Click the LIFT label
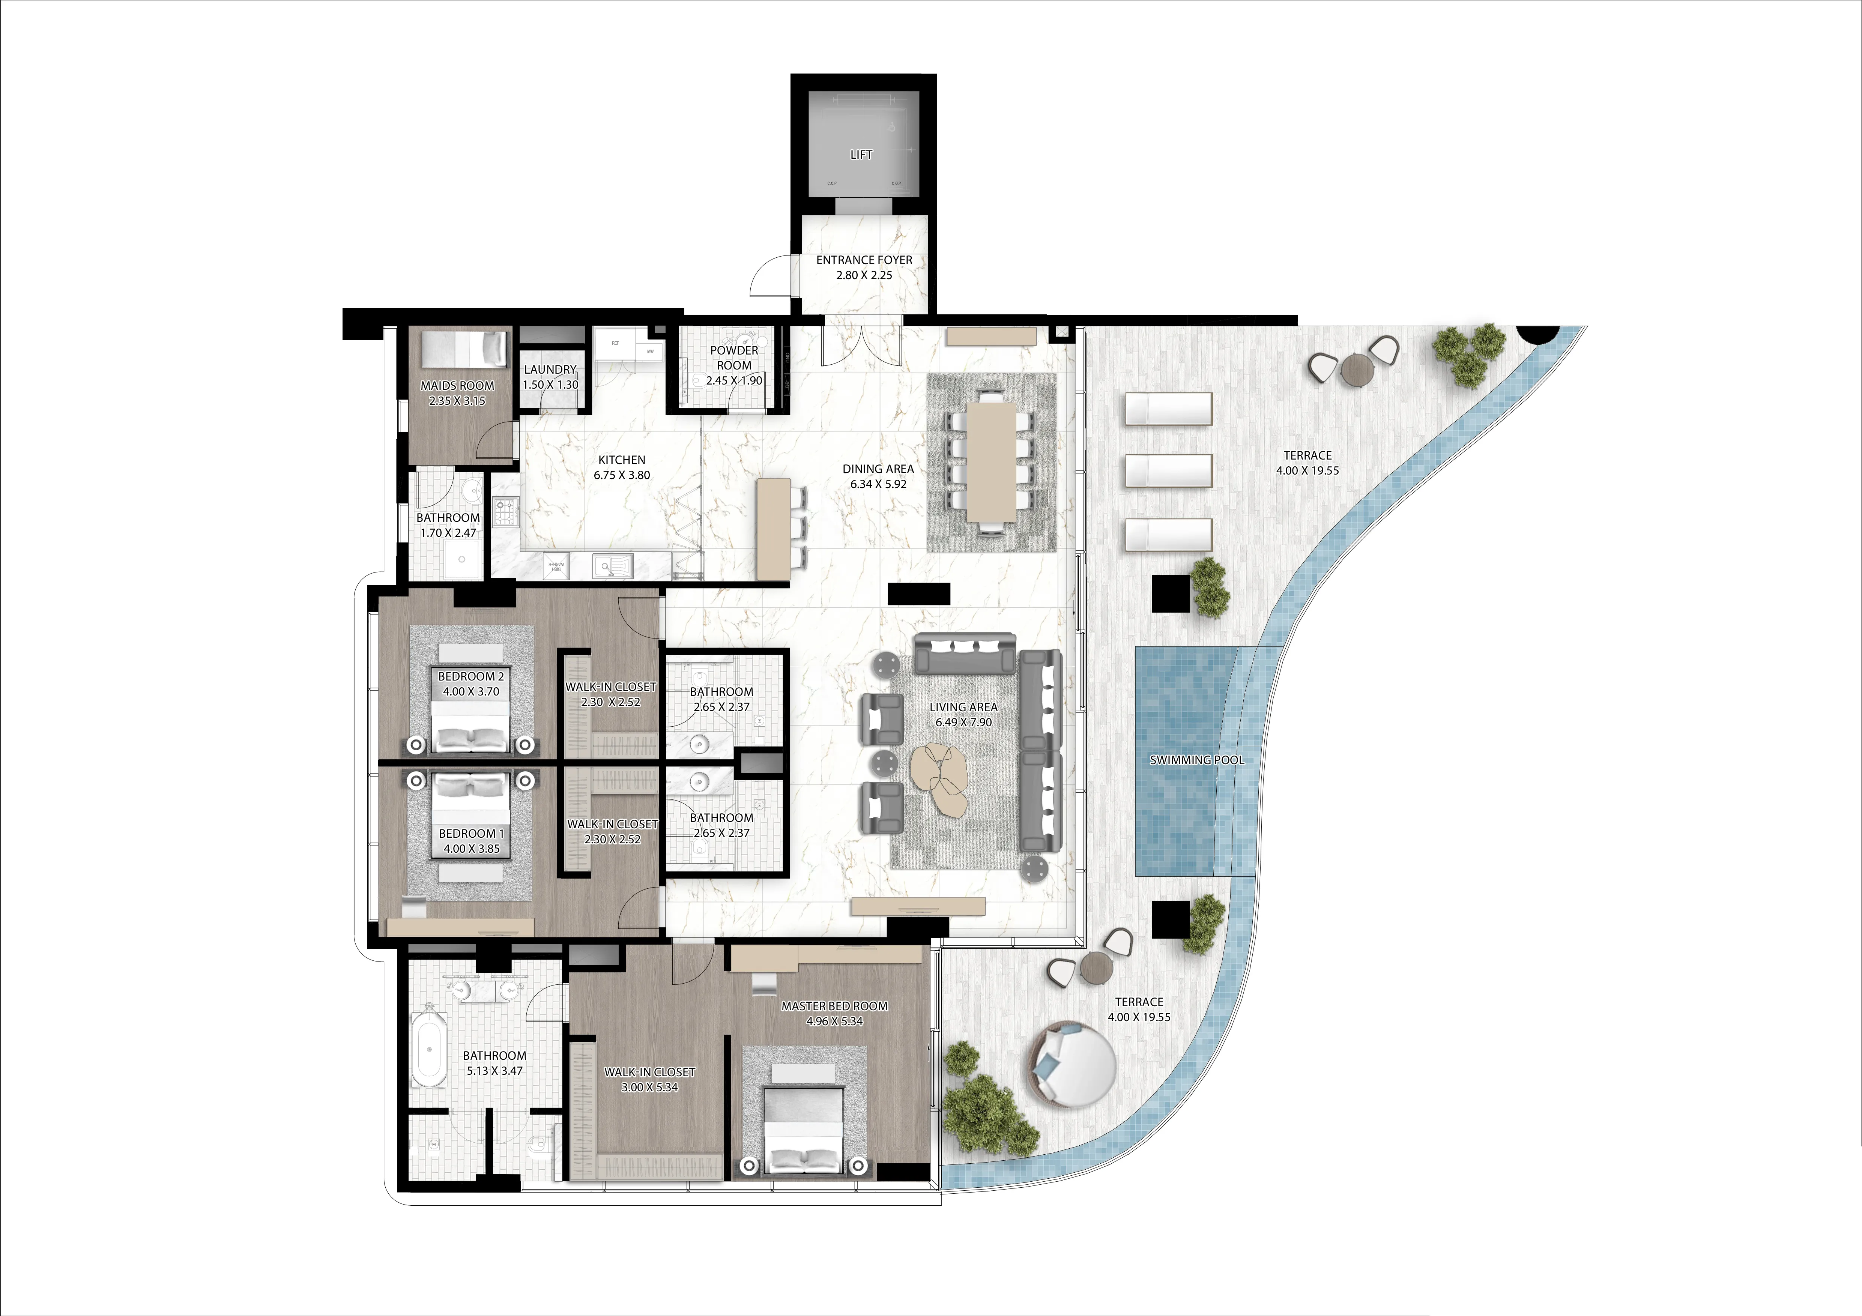pyautogui.click(x=861, y=154)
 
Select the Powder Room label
pyautogui.click(x=734, y=358)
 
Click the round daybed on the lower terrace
pyautogui.click(x=1072, y=1064)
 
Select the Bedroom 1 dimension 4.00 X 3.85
pyautogui.click(x=471, y=849)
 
